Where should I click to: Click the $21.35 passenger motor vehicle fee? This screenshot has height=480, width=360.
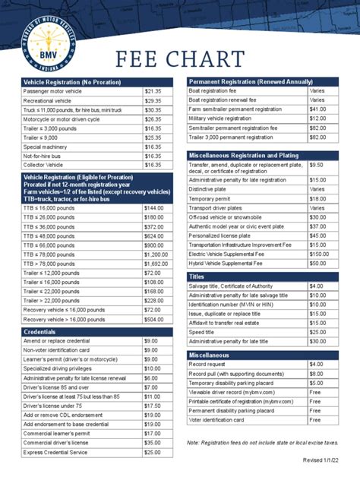(153, 90)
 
